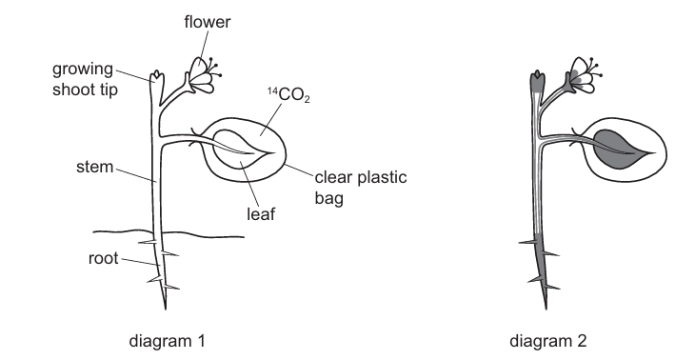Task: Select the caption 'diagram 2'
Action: tap(567, 339)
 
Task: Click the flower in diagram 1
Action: tap(201, 74)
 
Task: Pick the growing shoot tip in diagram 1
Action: tap(155, 77)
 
